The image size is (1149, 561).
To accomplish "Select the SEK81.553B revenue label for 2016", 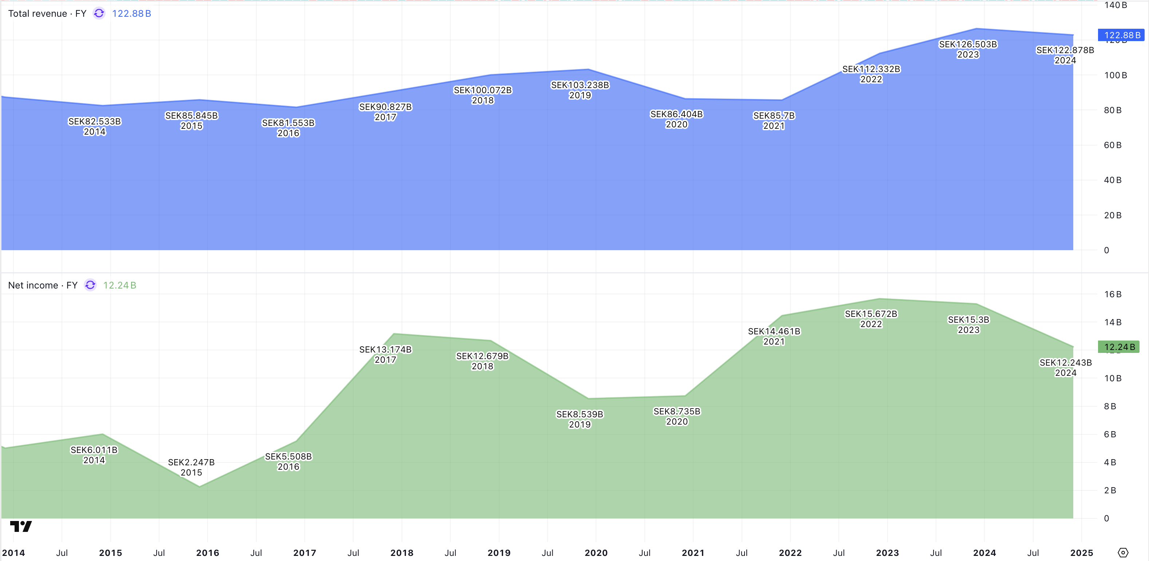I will (x=288, y=128).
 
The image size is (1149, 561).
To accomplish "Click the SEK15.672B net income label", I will (x=871, y=319).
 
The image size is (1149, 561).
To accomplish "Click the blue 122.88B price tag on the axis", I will (x=1121, y=35).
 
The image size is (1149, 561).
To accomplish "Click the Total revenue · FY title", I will (x=47, y=13).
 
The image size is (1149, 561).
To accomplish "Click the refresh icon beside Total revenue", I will (x=99, y=13).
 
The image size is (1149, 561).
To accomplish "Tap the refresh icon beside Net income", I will (x=90, y=285).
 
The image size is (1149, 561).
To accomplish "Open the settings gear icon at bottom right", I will (x=1123, y=553).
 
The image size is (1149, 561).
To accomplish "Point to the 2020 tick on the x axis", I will (x=596, y=553).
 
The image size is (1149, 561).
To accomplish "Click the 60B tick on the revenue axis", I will (x=1113, y=145).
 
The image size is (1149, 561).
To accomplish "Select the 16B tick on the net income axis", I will (x=1113, y=294).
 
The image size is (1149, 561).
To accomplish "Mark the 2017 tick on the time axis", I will (x=305, y=553).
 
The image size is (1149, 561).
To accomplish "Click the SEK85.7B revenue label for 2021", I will (x=773, y=121).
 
